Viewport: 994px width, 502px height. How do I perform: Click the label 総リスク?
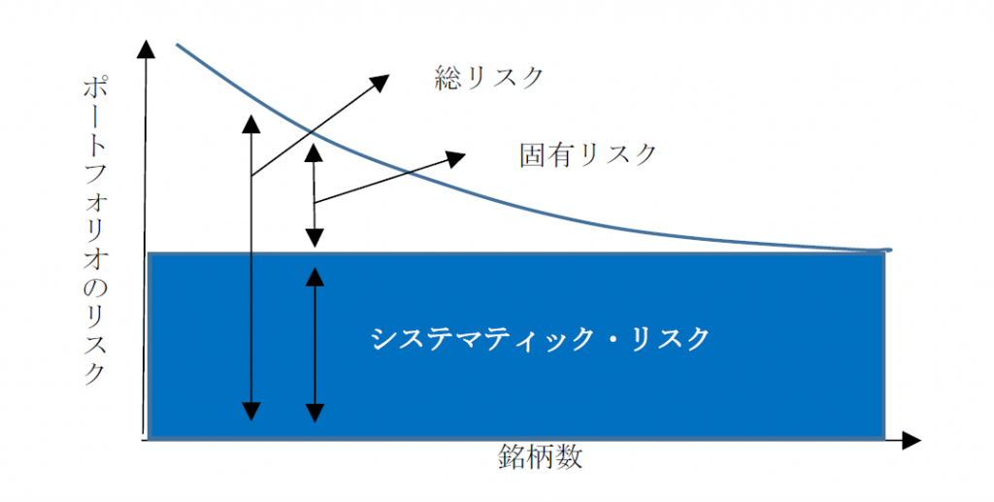point(489,78)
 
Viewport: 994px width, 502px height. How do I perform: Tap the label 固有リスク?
point(587,154)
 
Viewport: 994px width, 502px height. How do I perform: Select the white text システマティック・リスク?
point(540,339)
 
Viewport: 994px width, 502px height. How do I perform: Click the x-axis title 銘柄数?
point(540,456)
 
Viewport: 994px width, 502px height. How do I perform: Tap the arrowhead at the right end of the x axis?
point(911,440)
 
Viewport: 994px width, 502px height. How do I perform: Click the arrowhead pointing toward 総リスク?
point(381,82)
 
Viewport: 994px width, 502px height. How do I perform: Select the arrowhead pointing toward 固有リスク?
point(456,158)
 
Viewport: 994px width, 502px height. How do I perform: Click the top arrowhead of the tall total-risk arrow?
point(251,124)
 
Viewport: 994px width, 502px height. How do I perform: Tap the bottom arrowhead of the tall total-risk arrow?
point(251,412)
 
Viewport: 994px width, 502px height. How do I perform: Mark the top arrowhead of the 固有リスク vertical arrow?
point(315,152)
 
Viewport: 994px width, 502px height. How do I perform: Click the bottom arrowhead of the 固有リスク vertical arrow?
point(315,238)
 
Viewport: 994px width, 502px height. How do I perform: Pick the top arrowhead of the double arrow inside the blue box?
point(315,277)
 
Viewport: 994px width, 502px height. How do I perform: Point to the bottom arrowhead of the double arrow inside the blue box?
point(315,413)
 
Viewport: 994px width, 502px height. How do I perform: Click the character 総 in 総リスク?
point(447,78)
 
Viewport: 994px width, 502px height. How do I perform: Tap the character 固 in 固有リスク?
point(533,154)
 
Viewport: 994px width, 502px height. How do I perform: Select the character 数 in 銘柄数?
point(569,456)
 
